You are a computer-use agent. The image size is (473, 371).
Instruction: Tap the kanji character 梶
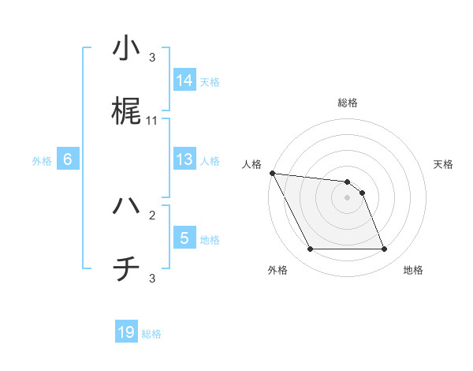point(126,111)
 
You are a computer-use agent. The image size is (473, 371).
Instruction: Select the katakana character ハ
point(126,206)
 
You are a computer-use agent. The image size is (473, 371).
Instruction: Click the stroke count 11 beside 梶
point(152,121)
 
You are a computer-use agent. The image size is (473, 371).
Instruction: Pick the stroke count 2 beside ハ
point(152,214)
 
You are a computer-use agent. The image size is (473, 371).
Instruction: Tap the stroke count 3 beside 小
point(152,57)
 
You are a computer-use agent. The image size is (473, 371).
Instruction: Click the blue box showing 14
point(184,81)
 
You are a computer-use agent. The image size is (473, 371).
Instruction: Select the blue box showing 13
point(184,159)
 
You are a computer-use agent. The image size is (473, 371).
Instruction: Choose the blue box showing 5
point(184,238)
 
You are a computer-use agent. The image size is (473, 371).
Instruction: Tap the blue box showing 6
point(68,159)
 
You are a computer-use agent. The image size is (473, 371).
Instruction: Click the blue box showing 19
point(126,332)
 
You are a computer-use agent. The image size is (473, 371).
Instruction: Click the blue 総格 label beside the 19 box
point(151,334)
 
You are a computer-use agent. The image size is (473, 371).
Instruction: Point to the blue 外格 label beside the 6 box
point(42,161)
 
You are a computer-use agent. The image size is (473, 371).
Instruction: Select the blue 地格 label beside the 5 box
point(210,240)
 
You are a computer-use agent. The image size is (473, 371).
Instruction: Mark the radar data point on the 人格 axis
point(272,173)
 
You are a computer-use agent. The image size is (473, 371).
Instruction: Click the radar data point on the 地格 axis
point(384,249)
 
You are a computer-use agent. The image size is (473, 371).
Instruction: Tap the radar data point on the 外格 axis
point(310,249)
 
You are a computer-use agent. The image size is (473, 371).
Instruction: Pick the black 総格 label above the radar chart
point(348,103)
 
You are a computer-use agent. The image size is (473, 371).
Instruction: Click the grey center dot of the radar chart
point(347,198)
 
